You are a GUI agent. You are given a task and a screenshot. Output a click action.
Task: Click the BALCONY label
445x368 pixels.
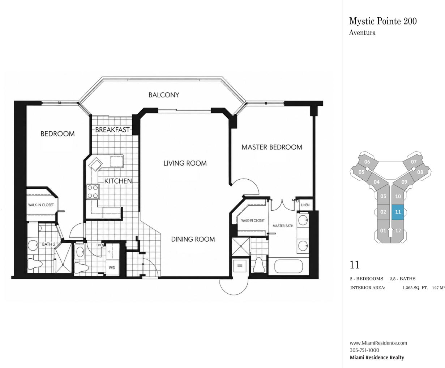coord(164,95)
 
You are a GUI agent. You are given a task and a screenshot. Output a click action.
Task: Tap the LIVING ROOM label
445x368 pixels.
coord(185,163)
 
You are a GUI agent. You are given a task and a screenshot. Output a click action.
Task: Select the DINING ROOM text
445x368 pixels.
coord(193,239)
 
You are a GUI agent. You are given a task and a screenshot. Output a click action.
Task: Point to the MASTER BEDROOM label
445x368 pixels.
coord(272,147)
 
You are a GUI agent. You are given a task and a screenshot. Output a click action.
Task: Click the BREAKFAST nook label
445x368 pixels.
coord(112,130)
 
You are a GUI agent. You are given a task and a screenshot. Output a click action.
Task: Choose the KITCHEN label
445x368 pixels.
coord(118,181)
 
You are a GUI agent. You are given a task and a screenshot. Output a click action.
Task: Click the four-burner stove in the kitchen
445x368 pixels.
coord(93,192)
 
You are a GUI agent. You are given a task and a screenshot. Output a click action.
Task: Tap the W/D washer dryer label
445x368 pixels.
coord(112,268)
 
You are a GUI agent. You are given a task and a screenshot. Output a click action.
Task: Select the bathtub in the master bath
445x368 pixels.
coord(288,267)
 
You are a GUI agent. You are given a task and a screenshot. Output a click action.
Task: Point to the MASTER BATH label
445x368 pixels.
coord(283,226)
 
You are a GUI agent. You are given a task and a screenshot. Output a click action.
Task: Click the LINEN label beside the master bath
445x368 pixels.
coord(305,205)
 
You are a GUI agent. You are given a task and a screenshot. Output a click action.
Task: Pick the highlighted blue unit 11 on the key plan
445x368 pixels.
coord(398,212)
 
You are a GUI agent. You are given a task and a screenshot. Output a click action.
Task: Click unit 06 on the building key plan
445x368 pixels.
coord(367,162)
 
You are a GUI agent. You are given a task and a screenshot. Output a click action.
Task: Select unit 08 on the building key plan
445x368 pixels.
coord(420,172)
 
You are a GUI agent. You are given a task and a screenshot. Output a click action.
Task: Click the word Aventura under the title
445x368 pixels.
coord(362,33)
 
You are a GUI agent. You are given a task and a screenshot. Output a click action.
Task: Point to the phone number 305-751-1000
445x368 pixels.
coord(364,350)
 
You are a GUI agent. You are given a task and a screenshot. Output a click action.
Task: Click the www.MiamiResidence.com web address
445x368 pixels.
coord(378,343)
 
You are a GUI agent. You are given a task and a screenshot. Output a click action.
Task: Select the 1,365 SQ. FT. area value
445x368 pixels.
coord(415,288)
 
